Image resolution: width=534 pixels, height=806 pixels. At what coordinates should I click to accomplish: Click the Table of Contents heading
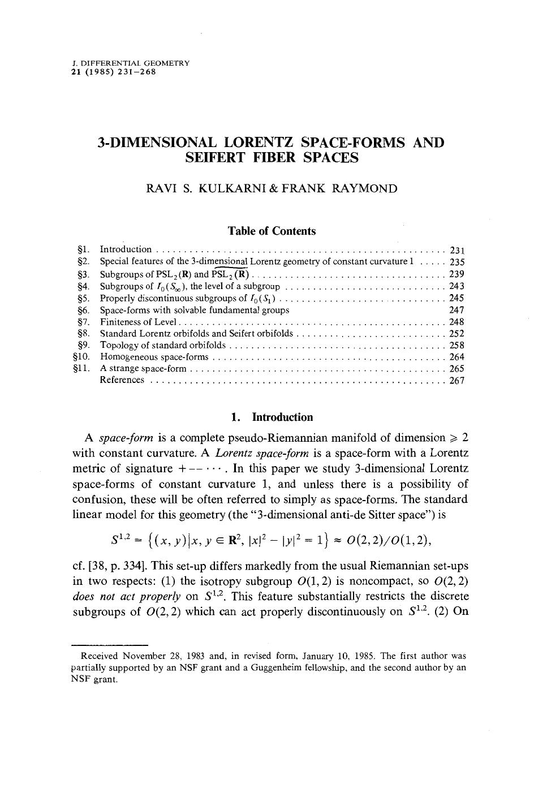(272, 231)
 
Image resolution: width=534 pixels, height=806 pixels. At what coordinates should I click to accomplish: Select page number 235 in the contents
(457, 262)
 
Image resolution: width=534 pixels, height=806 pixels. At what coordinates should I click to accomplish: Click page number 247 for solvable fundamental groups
(457, 310)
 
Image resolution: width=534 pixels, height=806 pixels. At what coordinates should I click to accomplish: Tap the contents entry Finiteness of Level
(139, 322)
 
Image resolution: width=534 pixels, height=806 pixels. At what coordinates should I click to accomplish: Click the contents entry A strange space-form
(143, 369)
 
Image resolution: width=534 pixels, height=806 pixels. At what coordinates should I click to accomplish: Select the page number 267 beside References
(457, 381)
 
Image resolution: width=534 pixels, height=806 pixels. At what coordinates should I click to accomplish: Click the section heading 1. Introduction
(272, 417)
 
